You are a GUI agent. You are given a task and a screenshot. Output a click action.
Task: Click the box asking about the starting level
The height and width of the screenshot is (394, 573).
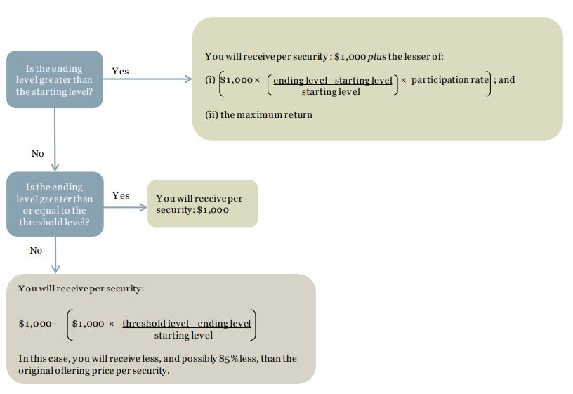[54, 79]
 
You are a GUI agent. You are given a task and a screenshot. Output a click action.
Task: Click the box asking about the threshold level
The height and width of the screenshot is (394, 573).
[54, 204]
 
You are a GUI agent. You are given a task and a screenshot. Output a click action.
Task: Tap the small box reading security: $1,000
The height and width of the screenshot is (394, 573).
[202, 204]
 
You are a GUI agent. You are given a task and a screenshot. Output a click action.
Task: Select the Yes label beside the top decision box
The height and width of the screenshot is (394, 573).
[120, 71]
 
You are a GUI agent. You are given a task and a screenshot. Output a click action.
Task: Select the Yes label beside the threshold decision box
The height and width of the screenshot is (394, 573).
[121, 195]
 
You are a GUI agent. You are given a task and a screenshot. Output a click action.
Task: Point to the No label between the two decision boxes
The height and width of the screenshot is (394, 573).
[37, 153]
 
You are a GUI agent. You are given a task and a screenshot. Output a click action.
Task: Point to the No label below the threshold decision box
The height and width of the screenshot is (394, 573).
[36, 250]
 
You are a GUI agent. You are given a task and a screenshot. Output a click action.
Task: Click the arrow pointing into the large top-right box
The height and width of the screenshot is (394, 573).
[187, 79]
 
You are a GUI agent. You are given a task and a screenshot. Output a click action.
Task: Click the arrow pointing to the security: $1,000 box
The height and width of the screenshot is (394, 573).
[143, 207]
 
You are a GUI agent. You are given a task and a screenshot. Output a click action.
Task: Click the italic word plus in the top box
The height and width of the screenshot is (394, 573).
[377, 56]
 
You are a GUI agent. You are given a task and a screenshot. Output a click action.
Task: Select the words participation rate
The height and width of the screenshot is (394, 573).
[449, 79]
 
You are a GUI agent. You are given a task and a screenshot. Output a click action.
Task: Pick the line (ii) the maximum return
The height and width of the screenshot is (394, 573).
[258, 114]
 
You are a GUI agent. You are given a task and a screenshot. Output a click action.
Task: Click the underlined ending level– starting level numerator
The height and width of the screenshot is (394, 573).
[332, 80]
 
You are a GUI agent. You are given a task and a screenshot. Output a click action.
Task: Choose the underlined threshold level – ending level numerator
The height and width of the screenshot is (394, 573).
[186, 323]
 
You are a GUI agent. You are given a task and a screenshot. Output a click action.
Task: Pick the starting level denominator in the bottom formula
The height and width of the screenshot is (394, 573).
[183, 335]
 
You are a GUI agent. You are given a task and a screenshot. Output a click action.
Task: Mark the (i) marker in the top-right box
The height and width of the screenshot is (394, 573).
[210, 80]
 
